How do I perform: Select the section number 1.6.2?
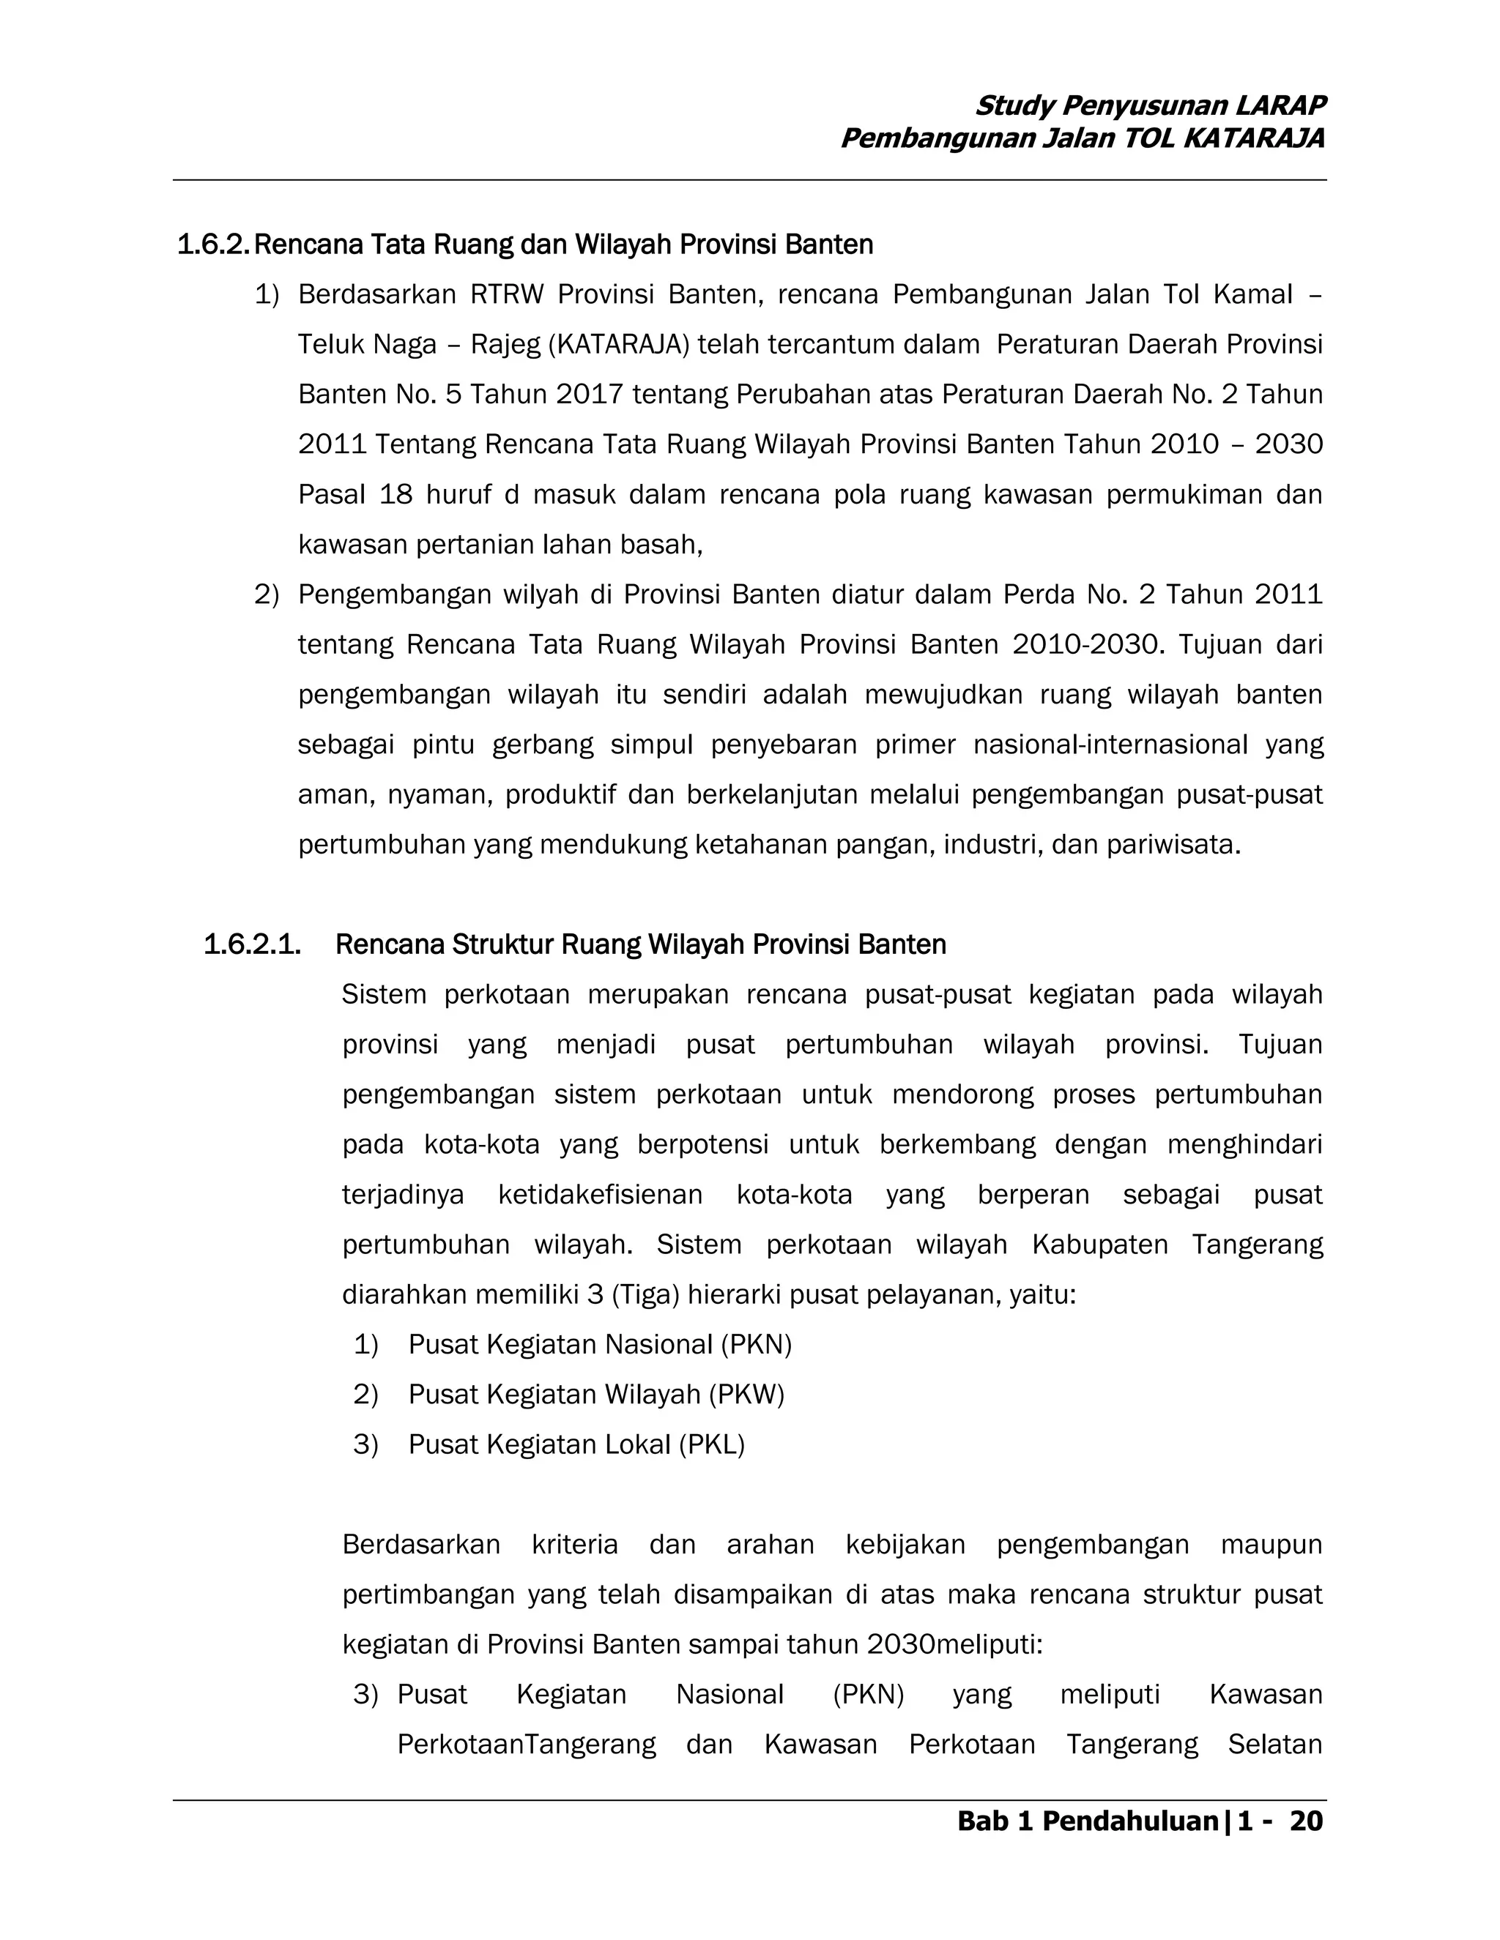point(213,245)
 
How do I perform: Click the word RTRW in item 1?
point(507,295)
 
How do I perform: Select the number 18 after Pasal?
point(396,495)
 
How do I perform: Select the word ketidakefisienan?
point(600,1195)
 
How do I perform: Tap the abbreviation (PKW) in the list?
point(746,1395)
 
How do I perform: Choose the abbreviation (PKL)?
point(712,1445)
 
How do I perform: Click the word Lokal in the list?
point(637,1445)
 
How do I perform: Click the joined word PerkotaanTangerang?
point(526,1745)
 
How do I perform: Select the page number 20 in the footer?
point(1305,1822)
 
